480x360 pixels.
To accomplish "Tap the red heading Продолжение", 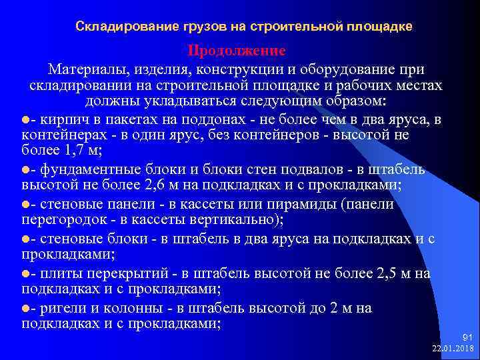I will click(237, 51).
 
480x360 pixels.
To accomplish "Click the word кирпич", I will click(64, 120).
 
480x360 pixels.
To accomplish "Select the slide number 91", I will click(466, 338).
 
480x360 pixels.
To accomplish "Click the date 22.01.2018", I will click(453, 349).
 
